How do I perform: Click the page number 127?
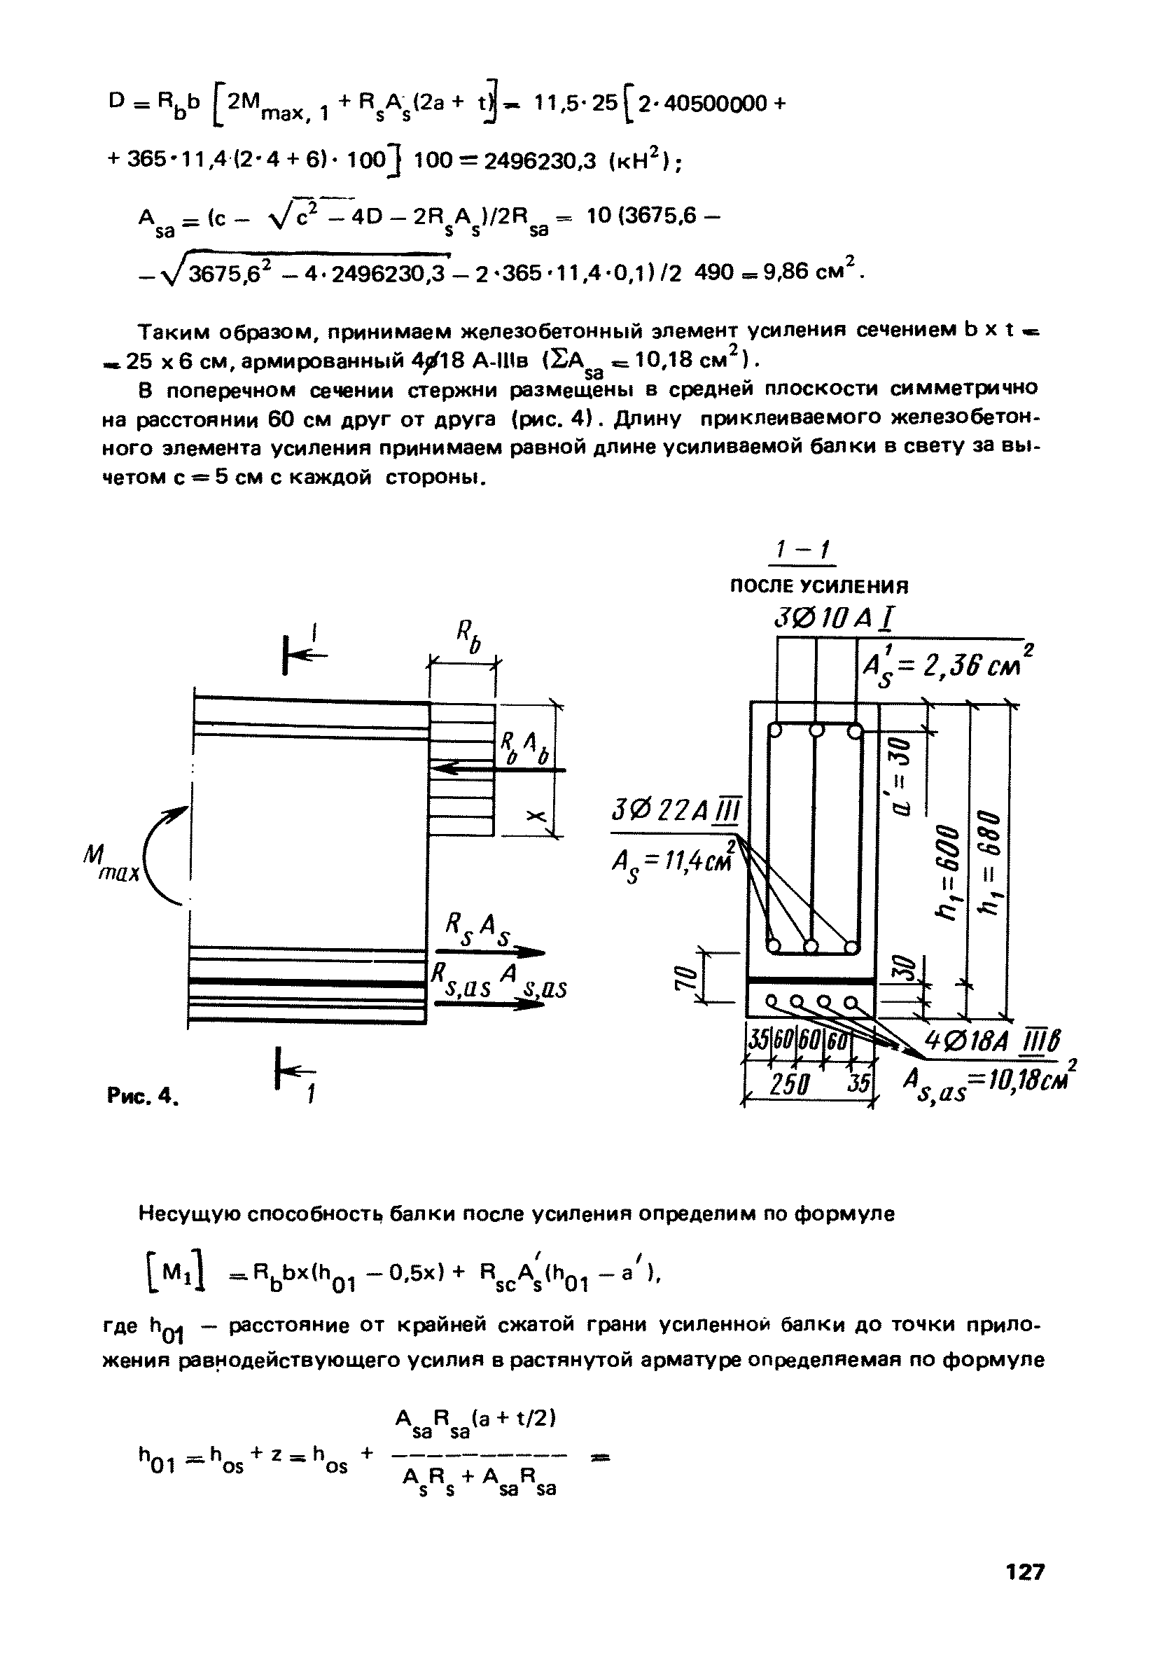[x=1025, y=1572]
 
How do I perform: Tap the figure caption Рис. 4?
[x=142, y=1095]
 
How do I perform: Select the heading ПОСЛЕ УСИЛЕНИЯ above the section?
[x=820, y=586]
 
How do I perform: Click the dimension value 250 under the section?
[x=790, y=1085]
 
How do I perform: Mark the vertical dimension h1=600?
[x=947, y=871]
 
